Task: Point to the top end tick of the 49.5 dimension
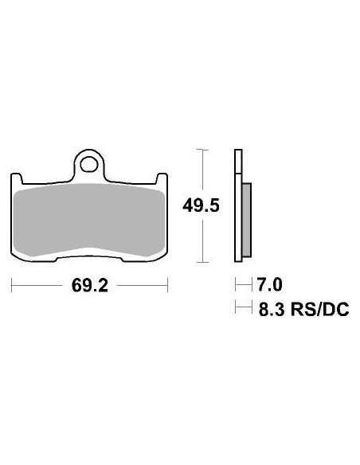click(205, 150)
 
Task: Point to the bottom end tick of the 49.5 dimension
click(205, 262)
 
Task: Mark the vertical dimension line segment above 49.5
click(205, 171)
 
